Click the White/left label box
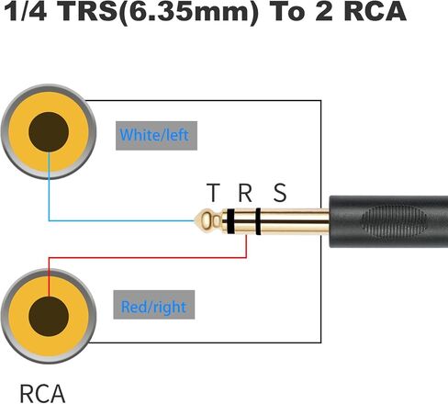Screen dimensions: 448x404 [x=156, y=136]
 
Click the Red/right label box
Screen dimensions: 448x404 [x=154, y=305]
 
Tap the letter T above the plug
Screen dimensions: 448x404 [x=213, y=193]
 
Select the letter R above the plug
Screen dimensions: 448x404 [x=245, y=193]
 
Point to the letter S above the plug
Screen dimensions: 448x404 [x=280, y=193]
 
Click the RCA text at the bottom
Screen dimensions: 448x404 [x=42, y=394]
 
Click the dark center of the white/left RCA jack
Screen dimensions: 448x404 [x=49, y=131]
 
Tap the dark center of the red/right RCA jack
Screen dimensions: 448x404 [x=49, y=316]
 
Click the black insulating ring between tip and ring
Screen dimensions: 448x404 [x=231, y=221]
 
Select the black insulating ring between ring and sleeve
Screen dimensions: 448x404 [x=258, y=221]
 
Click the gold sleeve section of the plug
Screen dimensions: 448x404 [x=295, y=221]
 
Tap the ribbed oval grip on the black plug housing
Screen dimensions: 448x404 [x=394, y=221]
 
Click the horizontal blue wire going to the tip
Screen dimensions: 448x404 [x=122, y=220]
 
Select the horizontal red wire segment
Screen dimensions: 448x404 [x=148, y=258]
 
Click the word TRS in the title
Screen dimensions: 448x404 [x=88, y=12]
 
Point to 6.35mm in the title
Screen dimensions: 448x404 [x=189, y=12]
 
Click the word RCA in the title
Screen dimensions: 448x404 [x=375, y=12]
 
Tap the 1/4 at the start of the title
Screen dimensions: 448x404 [x=25, y=12]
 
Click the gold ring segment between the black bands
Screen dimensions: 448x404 [x=245, y=221]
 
